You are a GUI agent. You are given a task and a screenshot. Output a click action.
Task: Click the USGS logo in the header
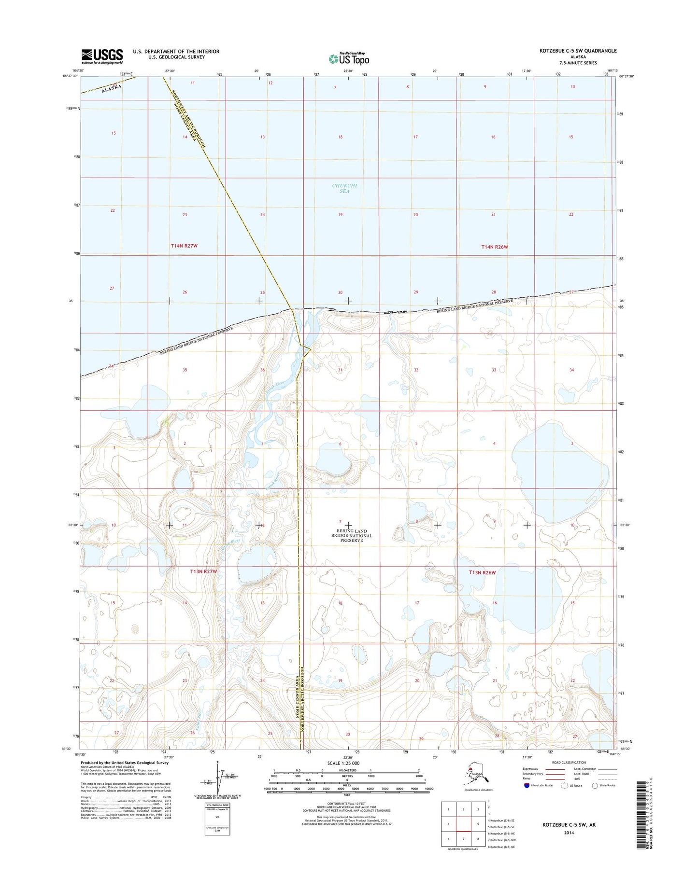point(102,56)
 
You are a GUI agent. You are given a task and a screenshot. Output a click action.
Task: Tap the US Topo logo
point(349,58)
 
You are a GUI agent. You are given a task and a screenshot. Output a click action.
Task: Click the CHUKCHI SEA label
point(344,188)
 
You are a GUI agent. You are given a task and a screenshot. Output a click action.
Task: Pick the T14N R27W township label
point(184,246)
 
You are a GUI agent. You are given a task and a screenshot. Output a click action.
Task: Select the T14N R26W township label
point(495,247)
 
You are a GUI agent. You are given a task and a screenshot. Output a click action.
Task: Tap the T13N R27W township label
point(203,571)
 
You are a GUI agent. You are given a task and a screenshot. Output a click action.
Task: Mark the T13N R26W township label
point(482,572)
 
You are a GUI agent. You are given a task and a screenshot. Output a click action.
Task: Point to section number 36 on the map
point(262,370)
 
